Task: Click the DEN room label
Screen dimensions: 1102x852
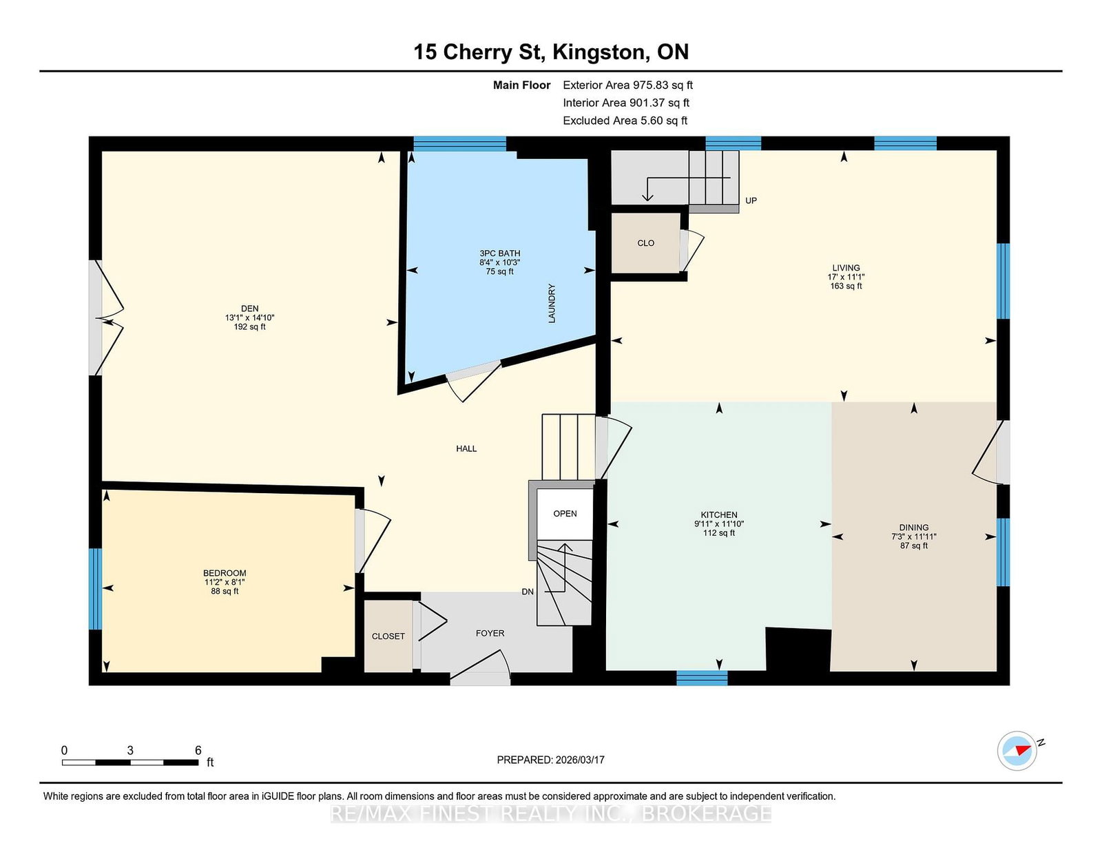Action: tap(249, 309)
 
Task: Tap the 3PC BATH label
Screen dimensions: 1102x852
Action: tap(499, 253)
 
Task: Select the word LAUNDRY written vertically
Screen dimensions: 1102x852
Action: tap(552, 303)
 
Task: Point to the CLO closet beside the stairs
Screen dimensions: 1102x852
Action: tap(645, 243)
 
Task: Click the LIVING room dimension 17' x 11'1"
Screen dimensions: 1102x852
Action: tap(846, 277)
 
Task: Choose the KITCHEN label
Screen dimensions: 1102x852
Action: tap(719, 515)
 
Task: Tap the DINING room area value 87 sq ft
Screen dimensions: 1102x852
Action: tap(914, 546)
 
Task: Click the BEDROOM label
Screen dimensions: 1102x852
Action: tap(225, 573)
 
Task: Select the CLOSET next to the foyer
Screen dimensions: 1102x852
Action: tap(388, 636)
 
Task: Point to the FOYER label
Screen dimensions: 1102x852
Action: tap(490, 633)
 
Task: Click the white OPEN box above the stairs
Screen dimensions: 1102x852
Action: tap(565, 514)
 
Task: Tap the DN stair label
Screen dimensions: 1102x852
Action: tap(528, 592)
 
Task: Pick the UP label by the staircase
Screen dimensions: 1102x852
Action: tap(751, 200)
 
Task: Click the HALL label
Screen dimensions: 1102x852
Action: tap(466, 448)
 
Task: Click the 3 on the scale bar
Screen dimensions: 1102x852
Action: tap(130, 751)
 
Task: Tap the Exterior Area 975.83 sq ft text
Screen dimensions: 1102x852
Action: tap(627, 85)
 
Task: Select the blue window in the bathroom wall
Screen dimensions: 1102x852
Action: tap(460, 143)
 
